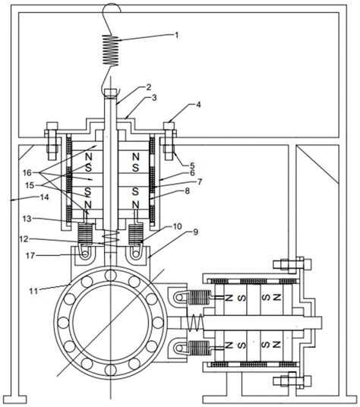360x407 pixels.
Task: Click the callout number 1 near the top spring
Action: click(177, 35)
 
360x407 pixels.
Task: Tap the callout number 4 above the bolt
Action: click(198, 105)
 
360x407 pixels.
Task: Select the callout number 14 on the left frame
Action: click(45, 197)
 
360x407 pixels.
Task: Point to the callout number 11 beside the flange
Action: click(33, 291)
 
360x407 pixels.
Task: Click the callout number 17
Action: click(30, 256)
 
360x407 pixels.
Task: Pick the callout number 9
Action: click(195, 232)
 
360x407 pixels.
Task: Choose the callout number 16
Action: click(27, 172)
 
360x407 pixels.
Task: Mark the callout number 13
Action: click(27, 219)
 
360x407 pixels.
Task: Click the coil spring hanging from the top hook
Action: click(111, 50)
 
